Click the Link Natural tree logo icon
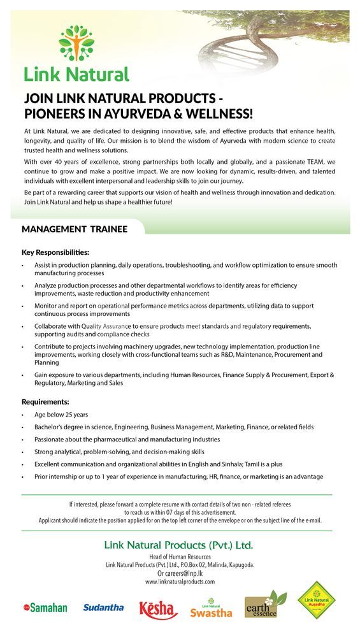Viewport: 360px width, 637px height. click(76, 43)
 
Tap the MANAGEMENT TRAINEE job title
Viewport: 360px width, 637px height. click(75, 229)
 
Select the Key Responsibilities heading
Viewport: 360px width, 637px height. click(55, 252)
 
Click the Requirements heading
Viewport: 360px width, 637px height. click(45, 402)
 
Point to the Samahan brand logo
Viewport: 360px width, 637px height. click(45, 608)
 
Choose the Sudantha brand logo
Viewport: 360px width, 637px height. click(103, 608)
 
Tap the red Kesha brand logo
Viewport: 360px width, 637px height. click(158, 609)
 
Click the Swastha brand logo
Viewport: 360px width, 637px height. click(211, 609)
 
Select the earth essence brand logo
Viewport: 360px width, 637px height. click(265, 606)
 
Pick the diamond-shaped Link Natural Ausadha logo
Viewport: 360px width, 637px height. click(317, 602)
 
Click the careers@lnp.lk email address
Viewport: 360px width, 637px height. click(180, 573)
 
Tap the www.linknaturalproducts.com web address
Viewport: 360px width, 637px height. click(180, 582)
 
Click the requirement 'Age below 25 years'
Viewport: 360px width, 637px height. click(61, 415)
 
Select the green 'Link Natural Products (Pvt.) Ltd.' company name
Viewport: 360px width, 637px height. click(179, 545)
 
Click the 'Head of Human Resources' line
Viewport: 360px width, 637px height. click(180, 557)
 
